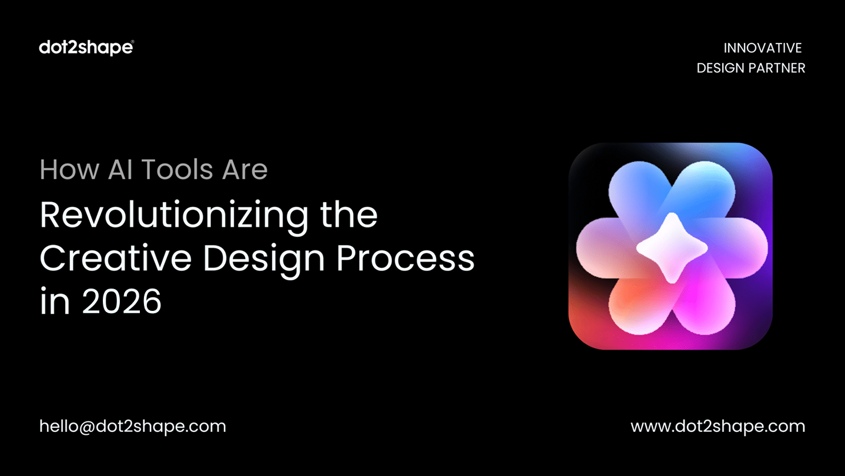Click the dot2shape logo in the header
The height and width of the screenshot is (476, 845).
click(86, 48)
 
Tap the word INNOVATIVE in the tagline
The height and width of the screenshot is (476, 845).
click(762, 48)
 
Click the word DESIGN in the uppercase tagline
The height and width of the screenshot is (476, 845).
click(720, 68)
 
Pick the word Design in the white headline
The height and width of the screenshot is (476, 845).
click(264, 259)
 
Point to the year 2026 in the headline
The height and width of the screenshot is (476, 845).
click(122, 303)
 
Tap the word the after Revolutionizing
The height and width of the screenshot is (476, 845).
click(349, 216)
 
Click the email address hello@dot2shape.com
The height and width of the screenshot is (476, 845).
click(132, 426)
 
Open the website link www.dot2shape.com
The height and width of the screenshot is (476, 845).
click(717, 426)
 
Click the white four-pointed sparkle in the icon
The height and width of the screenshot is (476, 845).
click(672, 247)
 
